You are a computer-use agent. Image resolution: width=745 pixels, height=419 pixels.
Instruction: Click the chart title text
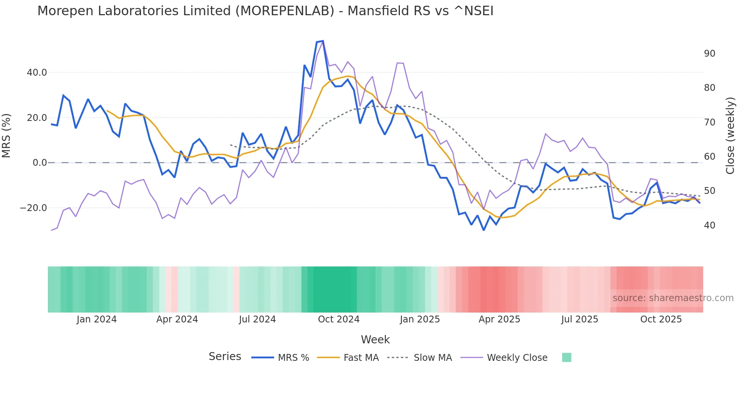tap(265, 11)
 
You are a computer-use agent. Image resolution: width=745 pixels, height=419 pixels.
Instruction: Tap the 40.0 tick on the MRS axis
tap(37, 73)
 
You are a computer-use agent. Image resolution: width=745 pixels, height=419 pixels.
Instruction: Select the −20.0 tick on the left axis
tap(33, 208)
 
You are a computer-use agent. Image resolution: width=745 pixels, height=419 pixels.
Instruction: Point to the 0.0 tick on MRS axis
tap(40, 163)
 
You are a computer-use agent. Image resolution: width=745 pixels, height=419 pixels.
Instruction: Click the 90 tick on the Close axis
tap(709, 54)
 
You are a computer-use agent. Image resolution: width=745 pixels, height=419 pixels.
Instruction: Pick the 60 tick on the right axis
tap(709, 157)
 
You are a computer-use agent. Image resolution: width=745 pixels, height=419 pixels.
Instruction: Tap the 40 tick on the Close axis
tap(709, 225)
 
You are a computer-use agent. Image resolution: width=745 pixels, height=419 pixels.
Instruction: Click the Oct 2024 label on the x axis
tap(338, 319)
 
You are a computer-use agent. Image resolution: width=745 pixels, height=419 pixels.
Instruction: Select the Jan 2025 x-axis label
tap(420, 319)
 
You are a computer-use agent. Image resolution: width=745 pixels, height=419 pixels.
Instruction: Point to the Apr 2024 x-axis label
tap(177, 319)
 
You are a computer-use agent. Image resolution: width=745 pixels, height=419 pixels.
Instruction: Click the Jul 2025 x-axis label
tap(579, 319)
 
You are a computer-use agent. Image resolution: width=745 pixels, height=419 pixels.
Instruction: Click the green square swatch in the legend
tap(566, 357)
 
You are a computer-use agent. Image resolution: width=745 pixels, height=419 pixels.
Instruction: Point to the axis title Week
tap(375, 340)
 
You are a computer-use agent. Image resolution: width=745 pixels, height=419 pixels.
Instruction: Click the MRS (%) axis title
tap(6, 136)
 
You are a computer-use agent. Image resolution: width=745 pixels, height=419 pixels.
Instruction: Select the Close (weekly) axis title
tap(730, 136)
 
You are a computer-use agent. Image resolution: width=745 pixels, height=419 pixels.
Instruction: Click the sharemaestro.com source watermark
tap(673, 298)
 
